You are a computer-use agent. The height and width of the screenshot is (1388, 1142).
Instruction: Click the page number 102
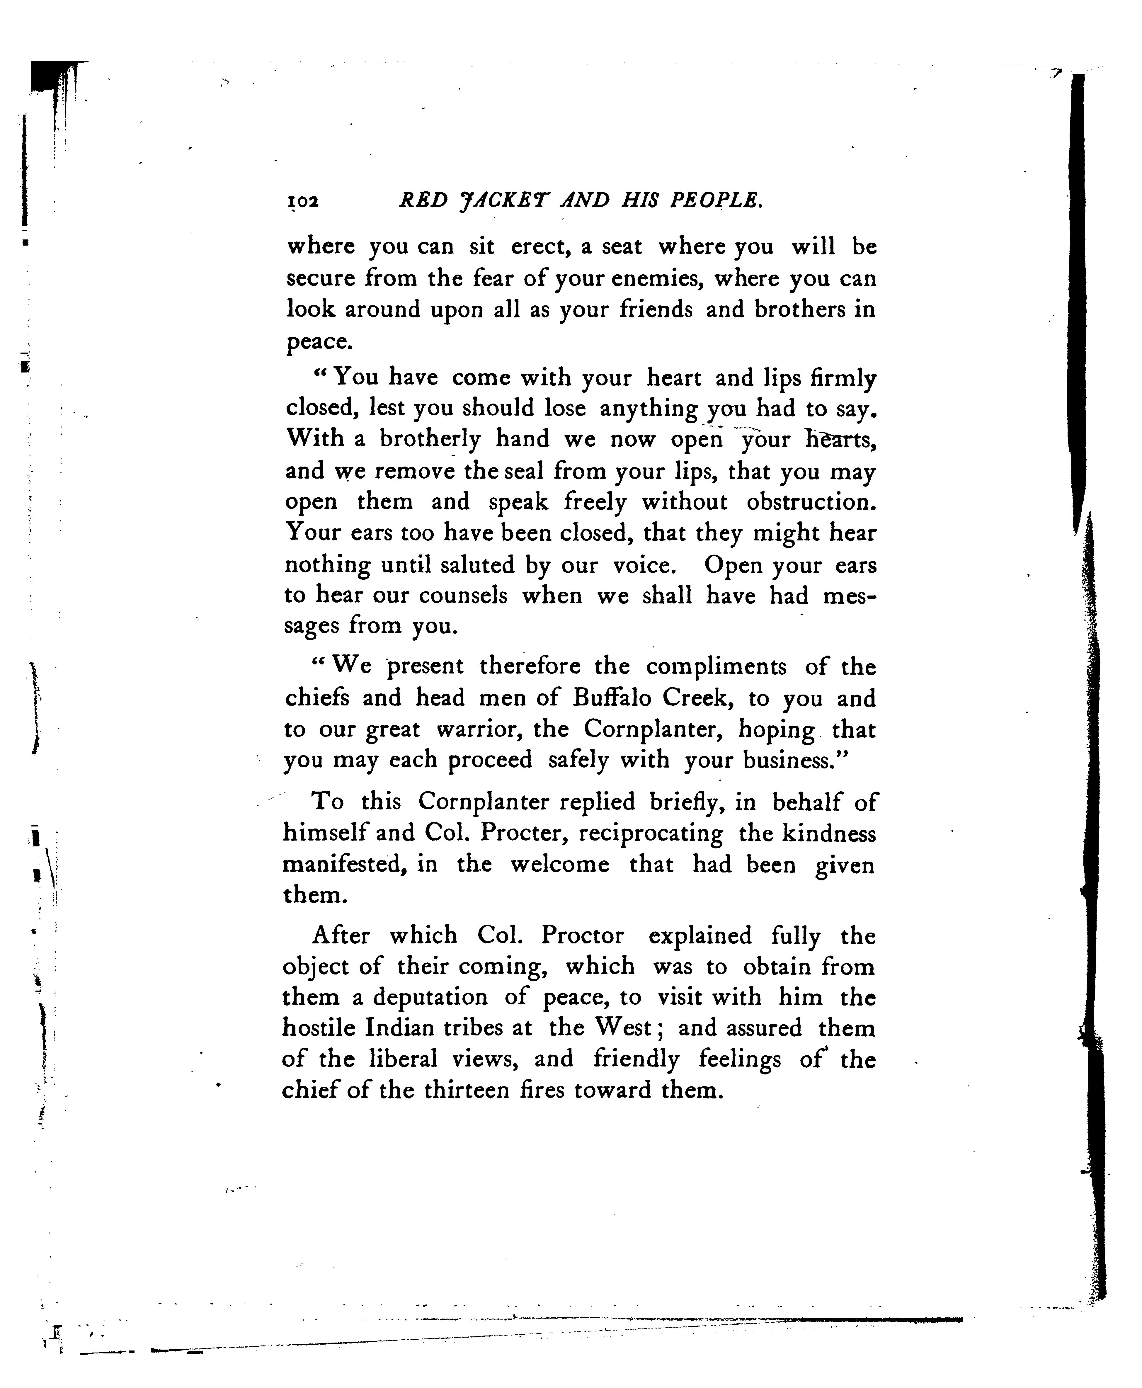point(303,201)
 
